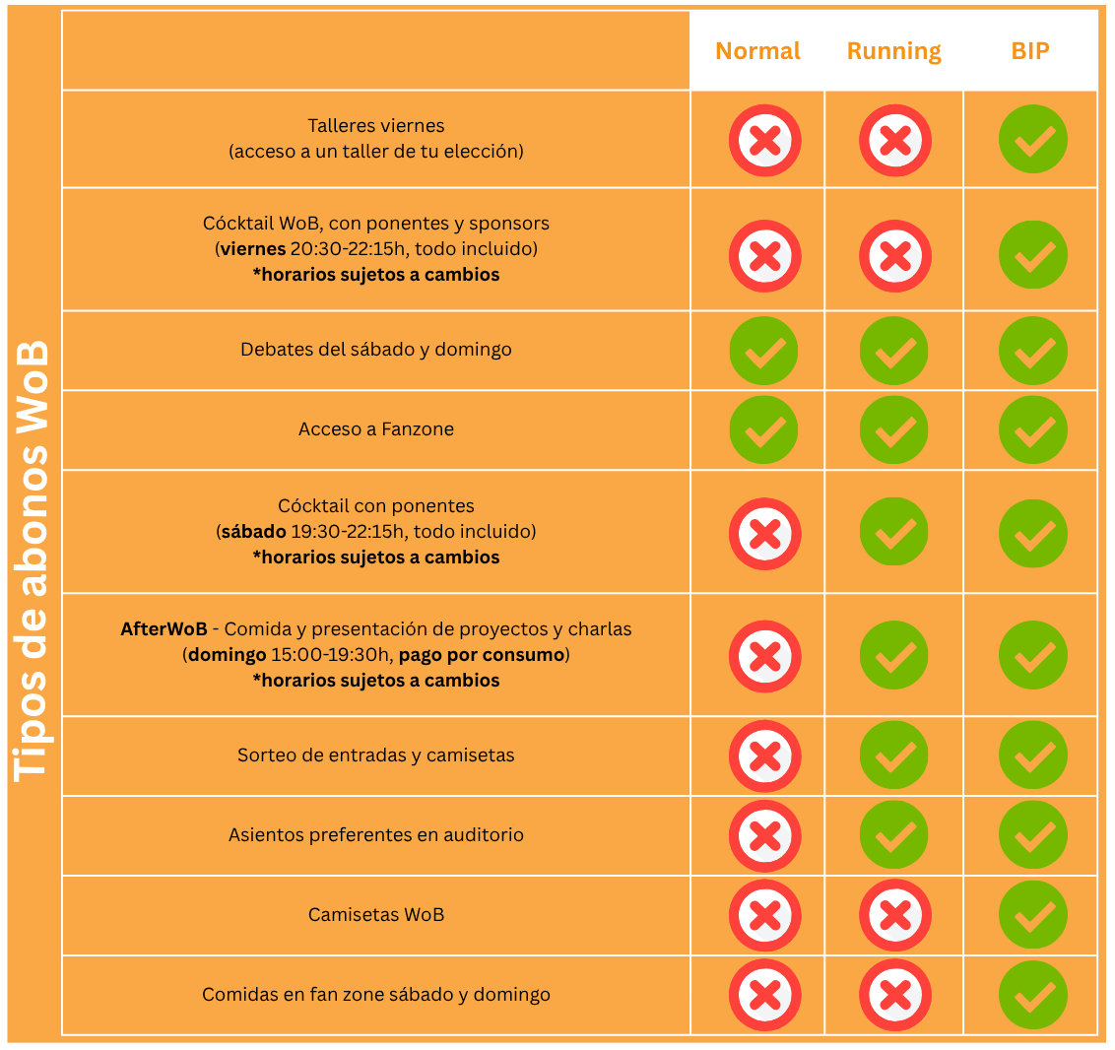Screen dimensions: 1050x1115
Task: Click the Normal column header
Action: pos(757,51)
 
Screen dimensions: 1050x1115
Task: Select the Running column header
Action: pos(893,51)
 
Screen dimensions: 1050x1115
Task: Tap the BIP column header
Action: pos(1030,51)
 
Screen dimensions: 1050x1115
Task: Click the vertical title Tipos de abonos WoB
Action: pos(33,561)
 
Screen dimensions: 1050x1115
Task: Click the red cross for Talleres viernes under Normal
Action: pos(764,140)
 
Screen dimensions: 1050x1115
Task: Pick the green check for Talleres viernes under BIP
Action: pos(1033,140)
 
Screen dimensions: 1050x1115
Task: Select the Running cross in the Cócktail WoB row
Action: pos(894,256)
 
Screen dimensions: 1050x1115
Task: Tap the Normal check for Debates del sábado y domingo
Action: pos(764,351)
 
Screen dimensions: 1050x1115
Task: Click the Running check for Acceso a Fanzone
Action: pos(894,430)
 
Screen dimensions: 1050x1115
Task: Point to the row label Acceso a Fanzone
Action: pos(376,429)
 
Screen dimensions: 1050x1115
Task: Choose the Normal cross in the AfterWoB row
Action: pos(764,656)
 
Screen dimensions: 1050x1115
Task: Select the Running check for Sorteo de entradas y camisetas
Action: pos(894,755)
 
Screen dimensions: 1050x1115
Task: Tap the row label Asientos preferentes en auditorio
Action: pos(376,835)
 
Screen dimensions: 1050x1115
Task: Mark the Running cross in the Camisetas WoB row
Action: pos(894,915)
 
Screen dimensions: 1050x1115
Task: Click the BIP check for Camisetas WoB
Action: pos(1033,915)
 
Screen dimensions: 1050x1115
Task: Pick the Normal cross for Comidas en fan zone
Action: pos(764,995)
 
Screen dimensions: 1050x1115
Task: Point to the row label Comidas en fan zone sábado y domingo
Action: pos(376,995)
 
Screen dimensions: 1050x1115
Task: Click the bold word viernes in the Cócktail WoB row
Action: pos(253,249)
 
